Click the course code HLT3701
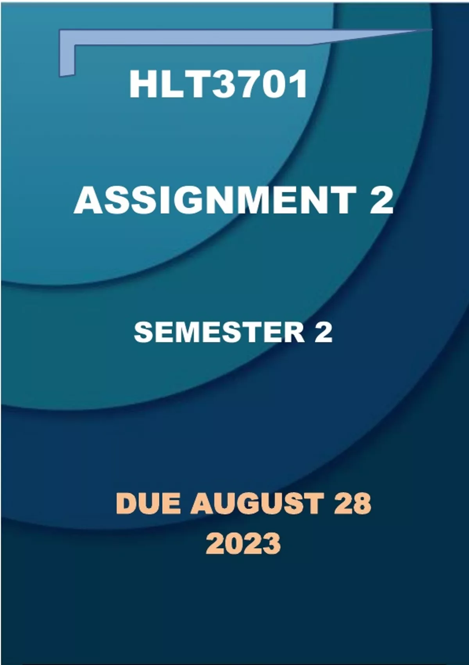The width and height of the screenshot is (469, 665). coord(218,84)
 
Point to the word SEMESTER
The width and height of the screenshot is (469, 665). coord(219,332)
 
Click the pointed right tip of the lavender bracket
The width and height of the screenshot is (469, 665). coord(432,29)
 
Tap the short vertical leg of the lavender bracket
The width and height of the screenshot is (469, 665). coord(67,59)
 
